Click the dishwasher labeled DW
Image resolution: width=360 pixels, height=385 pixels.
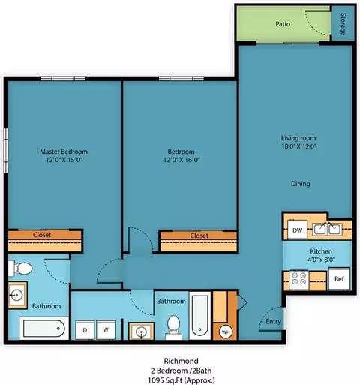tap(297, 230)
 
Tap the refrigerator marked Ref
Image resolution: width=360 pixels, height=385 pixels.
tap(339, 278)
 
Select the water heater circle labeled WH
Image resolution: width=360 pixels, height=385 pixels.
tap(226, 332)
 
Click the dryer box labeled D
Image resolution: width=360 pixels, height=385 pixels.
tap(85, 330)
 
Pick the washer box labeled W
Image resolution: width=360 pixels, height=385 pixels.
tap(106, 330)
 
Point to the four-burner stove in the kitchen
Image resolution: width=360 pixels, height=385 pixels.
tap(299, 279)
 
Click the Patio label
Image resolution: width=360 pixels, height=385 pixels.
tap(283, 24)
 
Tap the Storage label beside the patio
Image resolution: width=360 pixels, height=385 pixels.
tap(343, 24)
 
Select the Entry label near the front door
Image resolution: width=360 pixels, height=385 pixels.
tap(273, 321)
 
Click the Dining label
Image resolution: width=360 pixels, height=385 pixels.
tap(301, 184)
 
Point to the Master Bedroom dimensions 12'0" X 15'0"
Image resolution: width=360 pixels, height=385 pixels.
tap(64, 160)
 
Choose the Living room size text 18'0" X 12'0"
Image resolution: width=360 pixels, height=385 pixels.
tap(299, 146)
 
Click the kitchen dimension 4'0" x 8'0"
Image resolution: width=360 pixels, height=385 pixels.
tap(321, 260)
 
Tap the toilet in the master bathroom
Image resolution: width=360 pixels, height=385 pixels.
tap(20, 269)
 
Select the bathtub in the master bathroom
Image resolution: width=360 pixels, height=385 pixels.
tap(44, 329)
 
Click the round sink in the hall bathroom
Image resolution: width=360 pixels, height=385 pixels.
tap(141, 332)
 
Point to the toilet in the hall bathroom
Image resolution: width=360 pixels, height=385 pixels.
tap(173, 327)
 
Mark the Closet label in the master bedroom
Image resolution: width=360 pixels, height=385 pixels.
tap(42, 235)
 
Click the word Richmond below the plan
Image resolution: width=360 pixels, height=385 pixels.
tap(181, 361)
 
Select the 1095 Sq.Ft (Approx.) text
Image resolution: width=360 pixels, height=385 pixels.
tap(181, 380)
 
